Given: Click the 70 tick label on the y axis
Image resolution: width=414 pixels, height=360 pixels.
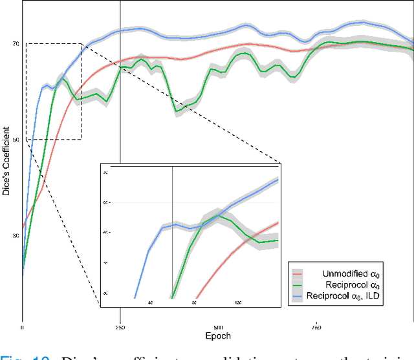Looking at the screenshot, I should point(16,44).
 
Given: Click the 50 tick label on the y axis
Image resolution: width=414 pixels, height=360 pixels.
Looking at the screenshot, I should point(16,140).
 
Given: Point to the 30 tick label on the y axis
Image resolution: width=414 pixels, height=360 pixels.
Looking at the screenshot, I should point(16,236).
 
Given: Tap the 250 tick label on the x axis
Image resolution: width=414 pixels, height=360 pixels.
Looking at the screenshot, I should point(120,327).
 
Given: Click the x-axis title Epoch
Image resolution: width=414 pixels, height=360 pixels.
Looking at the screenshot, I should point(217,336).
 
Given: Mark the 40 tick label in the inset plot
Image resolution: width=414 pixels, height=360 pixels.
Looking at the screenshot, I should point(150,302).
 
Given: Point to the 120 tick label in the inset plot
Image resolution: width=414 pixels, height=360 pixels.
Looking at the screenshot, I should point(238,302).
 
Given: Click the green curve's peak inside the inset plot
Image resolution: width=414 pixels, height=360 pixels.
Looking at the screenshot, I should point(219,216).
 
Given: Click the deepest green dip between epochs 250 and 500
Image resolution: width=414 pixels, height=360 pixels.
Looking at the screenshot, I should point(177,111).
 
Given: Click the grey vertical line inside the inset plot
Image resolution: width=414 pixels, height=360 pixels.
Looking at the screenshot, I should point(172,259).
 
